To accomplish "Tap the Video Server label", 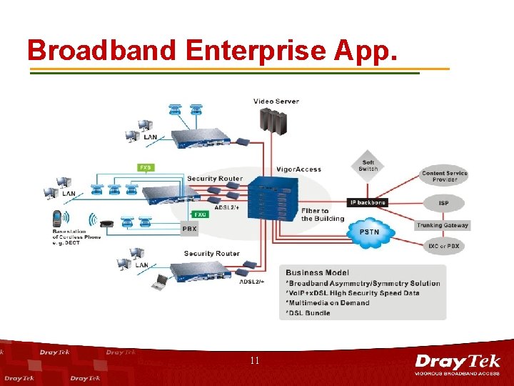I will click(x=276, y=102).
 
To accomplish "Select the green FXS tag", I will click(x=146, y=168).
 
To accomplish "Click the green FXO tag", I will click(x=201, y=214).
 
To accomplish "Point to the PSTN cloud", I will click(x=368, y=232).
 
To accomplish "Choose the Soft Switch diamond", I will click(x=368, y=166).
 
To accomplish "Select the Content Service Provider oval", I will click(x=444, y=176).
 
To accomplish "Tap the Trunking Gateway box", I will click(x=443, y=225).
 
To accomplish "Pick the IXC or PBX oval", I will click(x=444, y=246).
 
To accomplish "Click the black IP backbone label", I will click(x=367, y=202).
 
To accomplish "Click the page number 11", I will click(x=255, y=361).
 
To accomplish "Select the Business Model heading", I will click(x=318, y=272).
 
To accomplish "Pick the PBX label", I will click(x=188, y=229).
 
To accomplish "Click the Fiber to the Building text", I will click(x=315, y=214).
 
